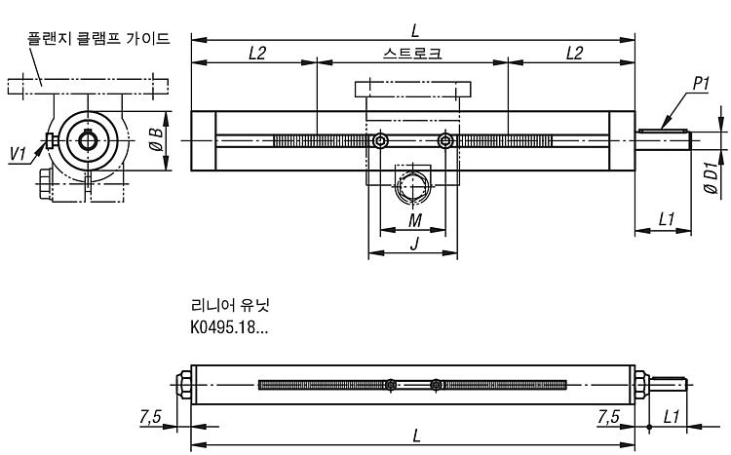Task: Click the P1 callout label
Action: click(700, 84)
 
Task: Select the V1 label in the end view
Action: click(18, 153)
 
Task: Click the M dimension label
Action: click(415, 220)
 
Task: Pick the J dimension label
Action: click(414, 243)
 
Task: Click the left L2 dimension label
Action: click(257, 54)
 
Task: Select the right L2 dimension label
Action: click(574, 54)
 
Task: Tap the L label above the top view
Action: click(415, 31)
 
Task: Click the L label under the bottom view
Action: click(416, 436)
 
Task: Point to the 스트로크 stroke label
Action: click(412, 54)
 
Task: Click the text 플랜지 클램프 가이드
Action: click(98, 38)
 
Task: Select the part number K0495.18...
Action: click(229, 327)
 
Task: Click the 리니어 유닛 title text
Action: click(230, 305)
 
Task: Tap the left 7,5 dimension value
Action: click(150, 416)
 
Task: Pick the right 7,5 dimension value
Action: click(608, 416)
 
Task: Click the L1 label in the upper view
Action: click(667, 219)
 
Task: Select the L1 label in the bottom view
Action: click(671, 416)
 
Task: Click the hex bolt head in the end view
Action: click(44, 184)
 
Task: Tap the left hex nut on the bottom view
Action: click(183, 385)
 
